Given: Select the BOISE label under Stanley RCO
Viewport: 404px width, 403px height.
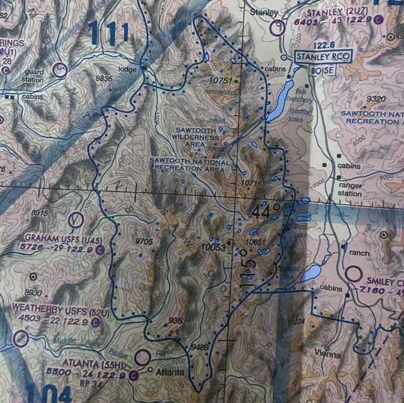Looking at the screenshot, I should pos(321,70).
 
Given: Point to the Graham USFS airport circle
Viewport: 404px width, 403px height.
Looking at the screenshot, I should pos(76,219).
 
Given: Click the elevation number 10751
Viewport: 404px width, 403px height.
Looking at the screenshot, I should pos(220,81).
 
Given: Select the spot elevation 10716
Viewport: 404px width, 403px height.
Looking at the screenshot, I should pos(251,182).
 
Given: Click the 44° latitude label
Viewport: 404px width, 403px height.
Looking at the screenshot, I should pos(265,212).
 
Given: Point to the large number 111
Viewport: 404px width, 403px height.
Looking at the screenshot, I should pos(109,33).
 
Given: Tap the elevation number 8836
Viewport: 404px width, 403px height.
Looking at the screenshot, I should pos(104,78).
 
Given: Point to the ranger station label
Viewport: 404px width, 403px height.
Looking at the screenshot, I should pos(350,189).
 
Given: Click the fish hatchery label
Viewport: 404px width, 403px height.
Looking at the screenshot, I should pos(304,95).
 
